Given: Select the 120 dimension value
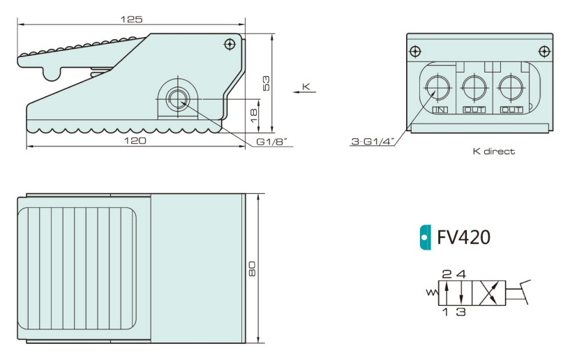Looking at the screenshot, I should pyautogui.click(x=135, y=141).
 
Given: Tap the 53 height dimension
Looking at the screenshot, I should pyautogui.click(x=266, y=82).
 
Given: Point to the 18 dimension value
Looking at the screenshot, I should pyautogui.click(x=254, y=111).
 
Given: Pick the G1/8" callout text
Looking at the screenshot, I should pyautogui.click(x=271, y=142).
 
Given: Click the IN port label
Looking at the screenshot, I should pyautogui.click(x=440, y=110).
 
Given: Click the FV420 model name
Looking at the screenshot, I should pyautogui.click(x=463, y=238).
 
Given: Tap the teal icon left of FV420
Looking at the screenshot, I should pyautogui.click(x=424, y=238).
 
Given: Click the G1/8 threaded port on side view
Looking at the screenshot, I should pyautogui.click(x=178, y=98).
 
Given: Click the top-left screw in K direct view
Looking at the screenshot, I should pyautogui.click(x=416, y=51).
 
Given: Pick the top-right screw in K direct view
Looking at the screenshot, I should pyautogui.click(x=543, y=51).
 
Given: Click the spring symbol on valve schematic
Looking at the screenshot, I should pyautogui.click(x=430, y=293).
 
